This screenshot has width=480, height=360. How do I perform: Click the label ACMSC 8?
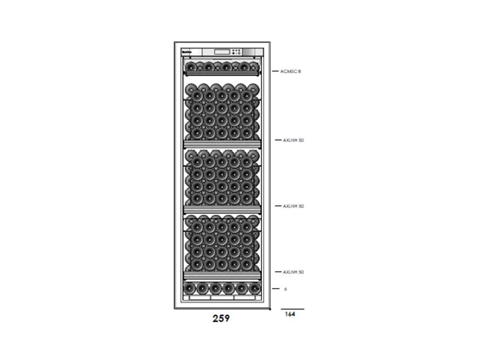pos(290,71)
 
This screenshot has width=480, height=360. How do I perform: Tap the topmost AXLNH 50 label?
pos(293,140)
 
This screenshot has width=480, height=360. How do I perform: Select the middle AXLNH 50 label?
pos(293,206)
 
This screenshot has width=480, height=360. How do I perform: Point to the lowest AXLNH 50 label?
pos(293,272)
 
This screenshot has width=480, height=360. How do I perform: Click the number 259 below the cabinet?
pos(221,319)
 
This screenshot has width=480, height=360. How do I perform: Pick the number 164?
pos(290,315)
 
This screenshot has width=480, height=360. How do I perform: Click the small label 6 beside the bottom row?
pos(285,289)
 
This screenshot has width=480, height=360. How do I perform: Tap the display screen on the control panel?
pos(223,52)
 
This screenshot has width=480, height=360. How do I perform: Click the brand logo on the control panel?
pos(186,52)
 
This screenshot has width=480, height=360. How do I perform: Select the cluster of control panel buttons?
pos(238,52)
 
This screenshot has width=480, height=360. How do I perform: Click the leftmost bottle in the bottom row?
pos(189,287)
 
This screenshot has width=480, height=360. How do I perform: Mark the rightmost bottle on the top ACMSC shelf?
pos(254,66)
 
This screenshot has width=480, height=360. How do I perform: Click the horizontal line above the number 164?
pos(292,309)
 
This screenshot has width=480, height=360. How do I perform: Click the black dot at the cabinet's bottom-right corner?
pos(270,309)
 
